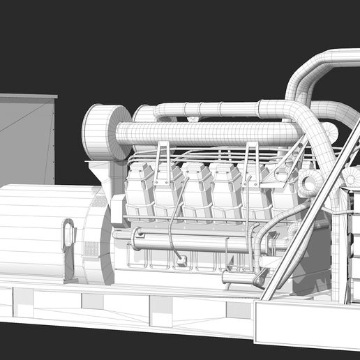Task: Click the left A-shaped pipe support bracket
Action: coord(162,158)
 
